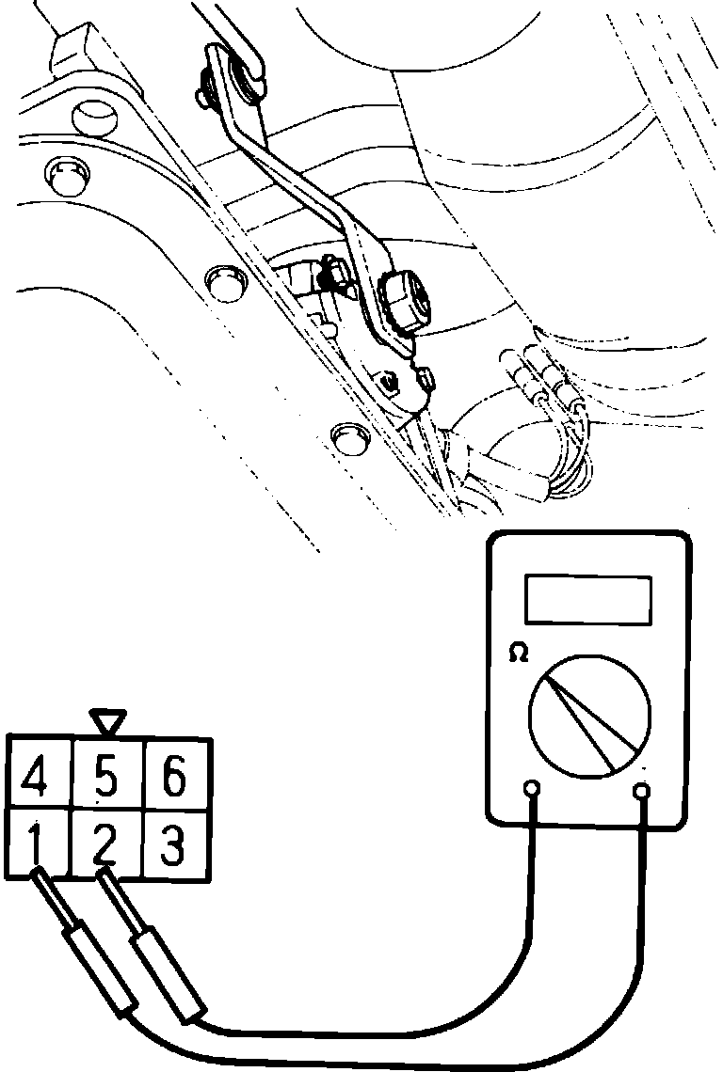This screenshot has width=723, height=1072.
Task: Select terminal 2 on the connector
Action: point(106,844)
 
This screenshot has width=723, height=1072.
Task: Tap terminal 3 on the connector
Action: point(173,844)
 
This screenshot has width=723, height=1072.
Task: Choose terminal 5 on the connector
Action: point(106,780)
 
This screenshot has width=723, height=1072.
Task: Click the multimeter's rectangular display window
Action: point(588,599)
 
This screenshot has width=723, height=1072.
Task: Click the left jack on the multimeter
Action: point(532,789)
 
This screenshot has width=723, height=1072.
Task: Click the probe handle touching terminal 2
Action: point(170,974)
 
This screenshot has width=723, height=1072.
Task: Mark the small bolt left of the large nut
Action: point(331,273)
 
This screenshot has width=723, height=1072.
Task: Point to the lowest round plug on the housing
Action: point(349,434)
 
